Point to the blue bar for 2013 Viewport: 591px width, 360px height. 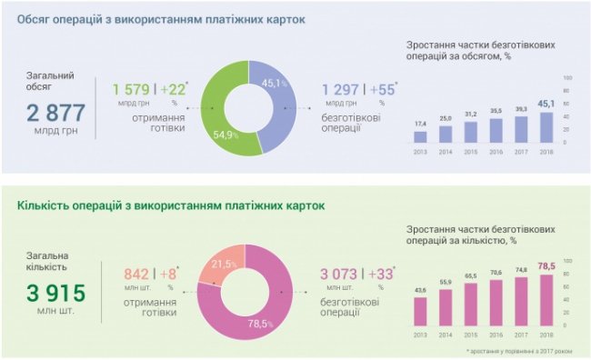click(x=419, y=137)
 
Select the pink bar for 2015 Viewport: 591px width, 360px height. click(x=470, y=305)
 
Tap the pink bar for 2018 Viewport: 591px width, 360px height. click(x=546, y=300)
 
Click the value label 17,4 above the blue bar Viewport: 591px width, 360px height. click(x=419, y=124)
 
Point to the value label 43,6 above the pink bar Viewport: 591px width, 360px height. click(x=419, y=290)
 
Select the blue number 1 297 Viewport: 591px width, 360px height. click(x=342, y=89)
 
